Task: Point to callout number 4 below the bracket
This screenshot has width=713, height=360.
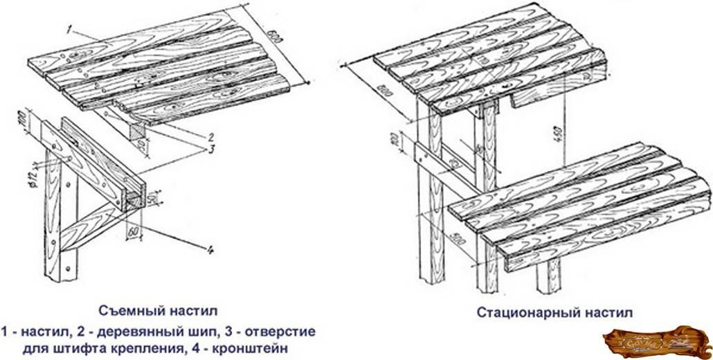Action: pos(206,247)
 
